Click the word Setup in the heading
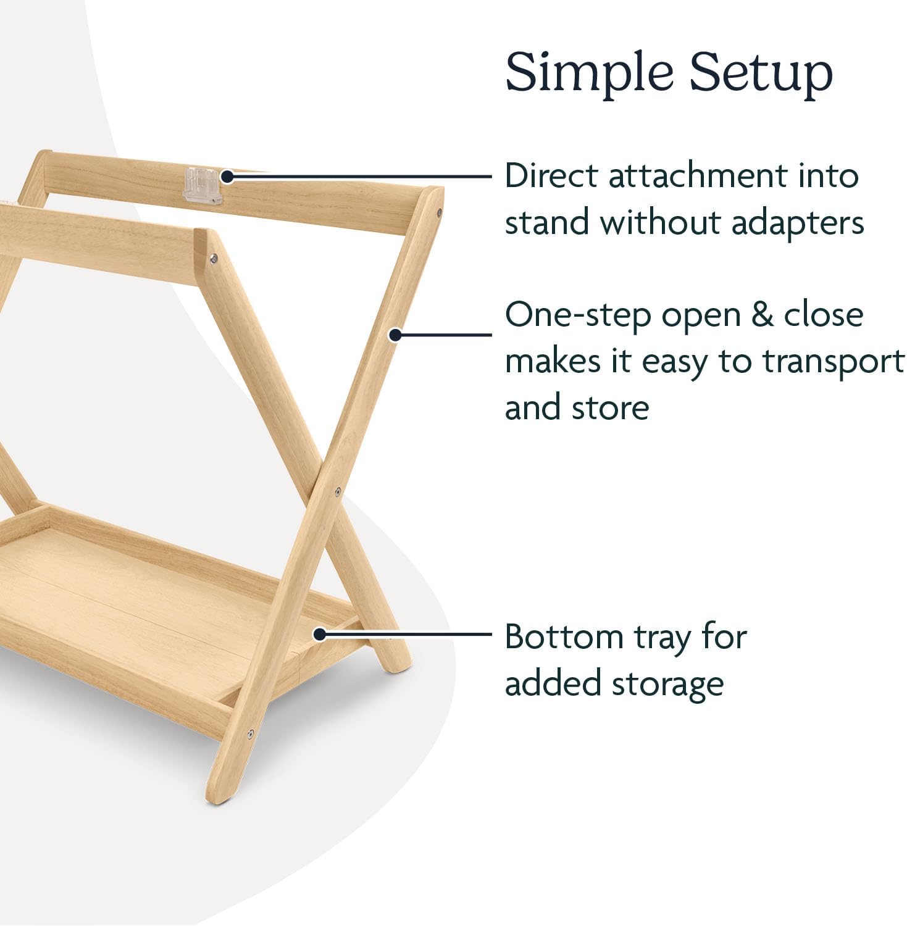click(761, 73)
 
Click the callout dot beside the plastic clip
click(227, 177)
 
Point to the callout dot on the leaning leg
click(395, 335)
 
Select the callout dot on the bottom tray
click(319, 634)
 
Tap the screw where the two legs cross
click(338, 492)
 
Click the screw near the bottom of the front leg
click(251, 734)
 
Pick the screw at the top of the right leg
click(439, 212)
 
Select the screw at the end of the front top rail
click(214, 259)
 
